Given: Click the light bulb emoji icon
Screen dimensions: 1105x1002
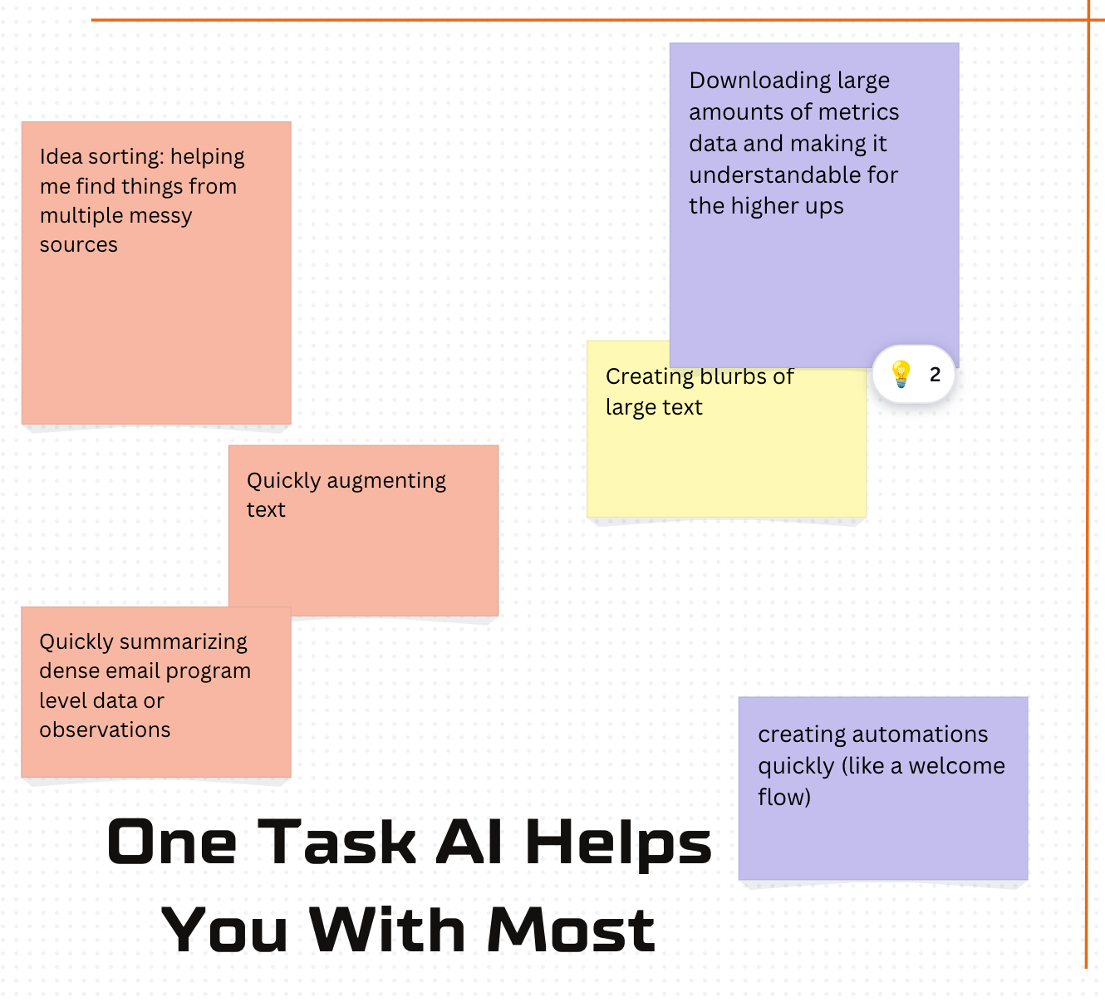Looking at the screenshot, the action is point(901,375).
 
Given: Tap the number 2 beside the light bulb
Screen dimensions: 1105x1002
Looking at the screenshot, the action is point(935,375).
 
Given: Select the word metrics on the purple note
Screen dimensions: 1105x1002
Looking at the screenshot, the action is point(860,112).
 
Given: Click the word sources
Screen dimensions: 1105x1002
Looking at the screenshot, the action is point(78,244).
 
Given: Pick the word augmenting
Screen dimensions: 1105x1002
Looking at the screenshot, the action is point(386,481).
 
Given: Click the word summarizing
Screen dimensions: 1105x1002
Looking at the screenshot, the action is point(184,642).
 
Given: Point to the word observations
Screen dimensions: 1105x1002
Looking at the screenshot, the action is point(105,729).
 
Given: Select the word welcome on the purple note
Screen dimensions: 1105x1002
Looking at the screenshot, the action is point(956,766).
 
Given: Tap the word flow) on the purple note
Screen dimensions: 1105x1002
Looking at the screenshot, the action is point(783,797).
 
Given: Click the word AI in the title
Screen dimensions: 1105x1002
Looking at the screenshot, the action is point(469,842).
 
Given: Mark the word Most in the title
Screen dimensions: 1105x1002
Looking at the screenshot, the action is point(572,931).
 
